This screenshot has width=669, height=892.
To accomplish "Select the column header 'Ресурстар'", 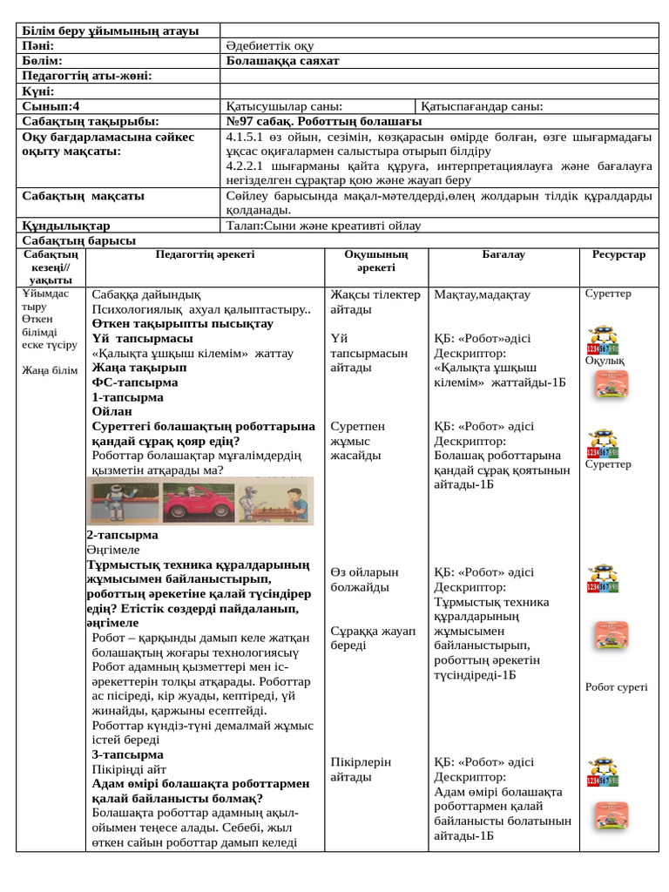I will [x=618, y=254].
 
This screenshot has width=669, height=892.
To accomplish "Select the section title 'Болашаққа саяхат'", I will [x=282, y=61].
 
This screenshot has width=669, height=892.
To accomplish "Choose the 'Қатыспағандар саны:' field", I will [x=482, y=106].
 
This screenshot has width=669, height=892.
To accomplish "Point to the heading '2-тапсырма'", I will [x=122, y=535].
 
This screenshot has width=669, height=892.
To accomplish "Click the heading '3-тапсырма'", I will [x=127, y=754].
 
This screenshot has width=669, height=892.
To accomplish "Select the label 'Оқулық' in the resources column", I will [x=604, y=361].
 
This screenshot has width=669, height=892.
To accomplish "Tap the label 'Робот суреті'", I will [x=616, y=686].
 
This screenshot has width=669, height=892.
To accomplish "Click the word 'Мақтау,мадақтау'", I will [x=482, y=294].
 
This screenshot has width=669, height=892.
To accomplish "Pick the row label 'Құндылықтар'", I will [x=66, y=226].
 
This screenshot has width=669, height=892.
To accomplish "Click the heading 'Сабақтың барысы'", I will [x=78, y=240].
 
